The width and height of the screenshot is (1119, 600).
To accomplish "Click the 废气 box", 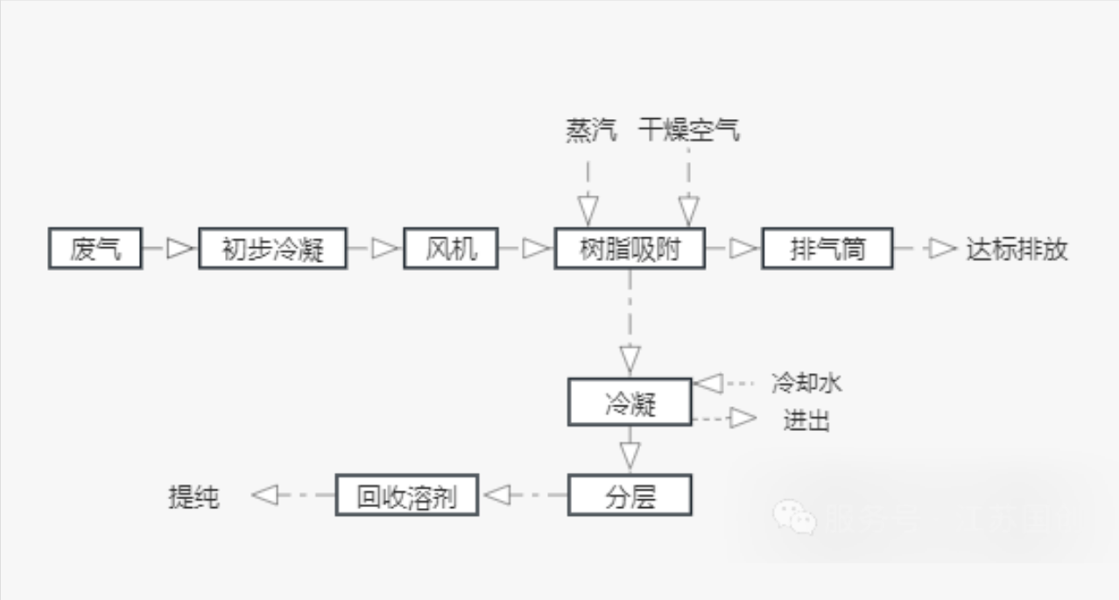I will tap(94, 250).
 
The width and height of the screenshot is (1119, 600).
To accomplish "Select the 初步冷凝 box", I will tap(272, 250).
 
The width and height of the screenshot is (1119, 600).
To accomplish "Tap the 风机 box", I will tap(450, 250).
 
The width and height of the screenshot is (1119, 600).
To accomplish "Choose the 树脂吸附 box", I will tap(630, 250).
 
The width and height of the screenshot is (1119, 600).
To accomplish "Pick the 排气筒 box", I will tap(826, 250).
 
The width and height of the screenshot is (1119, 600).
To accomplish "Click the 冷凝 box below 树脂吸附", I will tap(630, 403).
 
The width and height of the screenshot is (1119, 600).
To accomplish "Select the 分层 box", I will tap(630, 496).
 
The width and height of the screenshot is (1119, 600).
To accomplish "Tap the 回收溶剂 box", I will tap(407, 496).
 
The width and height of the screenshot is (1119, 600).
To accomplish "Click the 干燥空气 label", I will tap(689, 131).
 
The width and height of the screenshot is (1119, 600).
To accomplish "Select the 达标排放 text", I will tap(1017, 250).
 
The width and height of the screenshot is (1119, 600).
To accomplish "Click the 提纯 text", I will tap(194, 497).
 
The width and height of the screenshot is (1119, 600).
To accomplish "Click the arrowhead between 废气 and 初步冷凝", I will tap(179, 250).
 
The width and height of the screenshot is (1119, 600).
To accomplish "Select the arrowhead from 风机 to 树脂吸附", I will tap(534, 250).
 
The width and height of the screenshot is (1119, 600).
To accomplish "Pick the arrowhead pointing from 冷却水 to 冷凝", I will tap(707, 383).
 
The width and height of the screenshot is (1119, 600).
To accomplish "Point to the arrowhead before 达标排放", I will tap(942, 250).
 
